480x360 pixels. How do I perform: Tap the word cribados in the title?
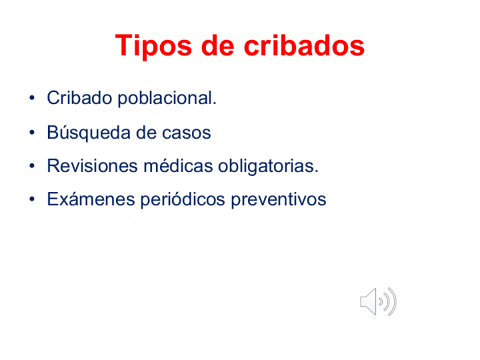coord(305,46)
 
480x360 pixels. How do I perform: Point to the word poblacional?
coord(167,98)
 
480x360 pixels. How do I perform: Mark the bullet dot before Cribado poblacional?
coord(34,99)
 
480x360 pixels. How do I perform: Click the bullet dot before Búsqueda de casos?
coord(34,133)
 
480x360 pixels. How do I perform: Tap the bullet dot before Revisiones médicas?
coord(34,166)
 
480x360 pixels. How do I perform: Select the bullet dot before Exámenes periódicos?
coord(34,200)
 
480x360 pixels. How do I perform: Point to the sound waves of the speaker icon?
coord(389,301)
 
